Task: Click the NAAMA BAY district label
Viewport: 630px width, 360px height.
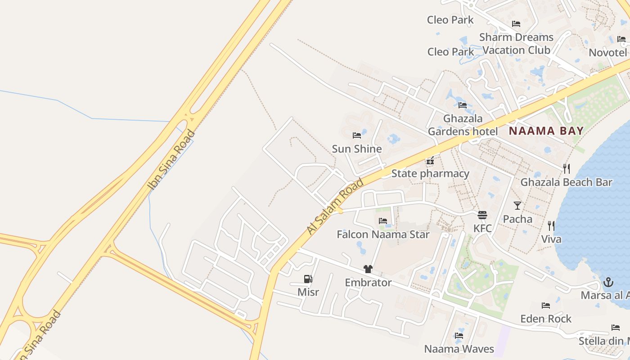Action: [x=546, y=131]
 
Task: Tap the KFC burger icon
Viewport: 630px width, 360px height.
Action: [x=482, y=215]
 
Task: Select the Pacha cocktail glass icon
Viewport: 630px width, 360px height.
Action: [x=517, y=206]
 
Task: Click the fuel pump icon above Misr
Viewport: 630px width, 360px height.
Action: [x=308, y=279]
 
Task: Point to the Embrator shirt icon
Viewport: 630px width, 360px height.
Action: [x=368, y=269]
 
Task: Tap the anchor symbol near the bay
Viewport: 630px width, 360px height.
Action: [x=608, y=282]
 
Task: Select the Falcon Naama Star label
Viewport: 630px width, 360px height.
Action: [x=383, y=234]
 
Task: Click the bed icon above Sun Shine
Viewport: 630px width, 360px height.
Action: [x=357, y=135]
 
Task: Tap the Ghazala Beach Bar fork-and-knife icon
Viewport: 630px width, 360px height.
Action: [x=567, y=169]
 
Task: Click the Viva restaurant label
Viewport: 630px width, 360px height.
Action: [x=551, y=239]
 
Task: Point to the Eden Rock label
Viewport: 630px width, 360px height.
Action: [x=546, y=319]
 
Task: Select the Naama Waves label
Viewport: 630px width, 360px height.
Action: [x=459, y=349]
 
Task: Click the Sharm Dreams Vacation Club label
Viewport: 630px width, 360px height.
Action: [x=516, y=44]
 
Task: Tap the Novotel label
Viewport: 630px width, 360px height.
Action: [x=608, y=53]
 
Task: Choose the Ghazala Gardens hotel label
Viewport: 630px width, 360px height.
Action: [x=463, y=125]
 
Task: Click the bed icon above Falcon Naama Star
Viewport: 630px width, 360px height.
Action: [x=383, y=220]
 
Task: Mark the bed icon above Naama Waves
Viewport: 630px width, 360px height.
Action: [x=459, y=335]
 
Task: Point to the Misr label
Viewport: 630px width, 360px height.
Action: [x=308, y=292]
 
